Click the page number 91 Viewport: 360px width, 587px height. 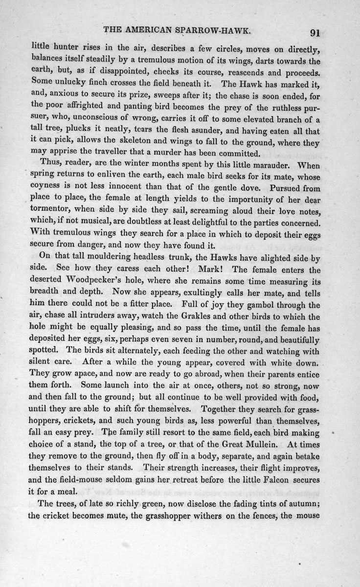[315, 33]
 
